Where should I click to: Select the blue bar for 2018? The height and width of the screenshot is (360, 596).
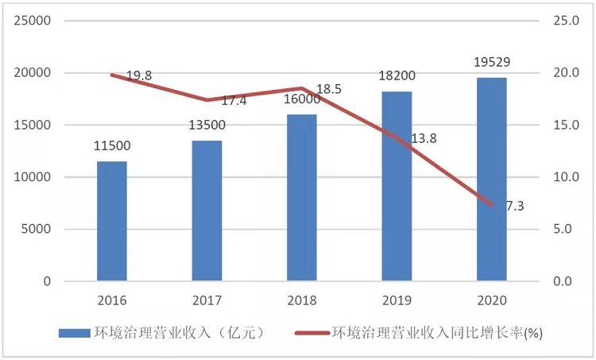301,198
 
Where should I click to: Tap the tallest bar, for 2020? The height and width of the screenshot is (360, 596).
491,179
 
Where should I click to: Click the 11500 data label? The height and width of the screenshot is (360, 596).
112,146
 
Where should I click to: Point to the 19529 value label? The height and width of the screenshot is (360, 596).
491,62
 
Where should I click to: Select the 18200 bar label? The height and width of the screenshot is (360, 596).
397,76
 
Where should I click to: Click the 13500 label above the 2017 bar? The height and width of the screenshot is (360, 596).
207,126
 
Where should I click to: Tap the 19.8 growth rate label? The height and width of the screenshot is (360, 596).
139,76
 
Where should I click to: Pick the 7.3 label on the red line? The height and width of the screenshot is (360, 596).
514,206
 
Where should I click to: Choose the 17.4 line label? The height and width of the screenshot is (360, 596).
234,102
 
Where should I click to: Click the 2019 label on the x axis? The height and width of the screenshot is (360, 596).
397,301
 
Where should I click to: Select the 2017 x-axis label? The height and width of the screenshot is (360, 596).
207,301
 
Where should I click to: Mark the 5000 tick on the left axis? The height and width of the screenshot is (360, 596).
38,230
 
